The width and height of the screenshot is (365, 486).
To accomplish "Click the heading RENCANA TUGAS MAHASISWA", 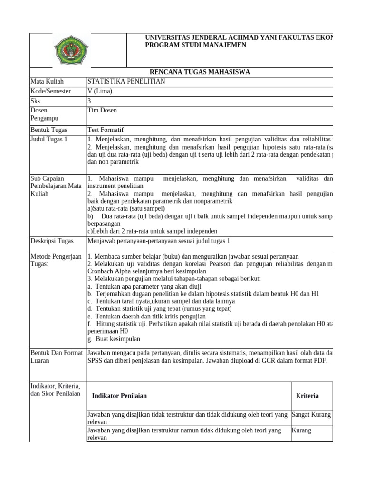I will [x=200, y=72].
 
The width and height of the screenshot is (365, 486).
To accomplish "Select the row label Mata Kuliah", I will [x=47, y=81].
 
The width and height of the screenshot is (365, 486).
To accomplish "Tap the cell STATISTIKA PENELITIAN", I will [x=126, y=81].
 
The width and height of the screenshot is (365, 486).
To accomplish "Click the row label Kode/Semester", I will [x=50, y=91].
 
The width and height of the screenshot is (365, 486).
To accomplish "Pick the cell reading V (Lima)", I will [x=100, y=91].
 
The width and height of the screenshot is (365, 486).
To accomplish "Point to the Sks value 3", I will [x=89, y=101].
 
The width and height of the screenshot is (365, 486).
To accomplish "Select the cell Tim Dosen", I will [x=102, y=110].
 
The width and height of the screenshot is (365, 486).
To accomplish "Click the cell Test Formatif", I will [x=106, y=130].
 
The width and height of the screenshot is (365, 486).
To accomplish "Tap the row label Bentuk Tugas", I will [x=49, y=130].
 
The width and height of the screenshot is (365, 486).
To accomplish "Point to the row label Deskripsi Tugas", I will [x=52, y=241].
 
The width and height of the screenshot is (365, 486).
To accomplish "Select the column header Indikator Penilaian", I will [x=119, y=396].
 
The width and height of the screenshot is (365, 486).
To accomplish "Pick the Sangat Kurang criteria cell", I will [x=311, y=415].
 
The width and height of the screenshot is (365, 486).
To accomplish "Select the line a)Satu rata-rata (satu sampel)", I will [x=126, y=208].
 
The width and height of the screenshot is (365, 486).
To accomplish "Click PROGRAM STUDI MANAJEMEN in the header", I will [x=195, y=45].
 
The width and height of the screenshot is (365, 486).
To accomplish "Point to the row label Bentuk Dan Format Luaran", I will [x=53, y=357].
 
